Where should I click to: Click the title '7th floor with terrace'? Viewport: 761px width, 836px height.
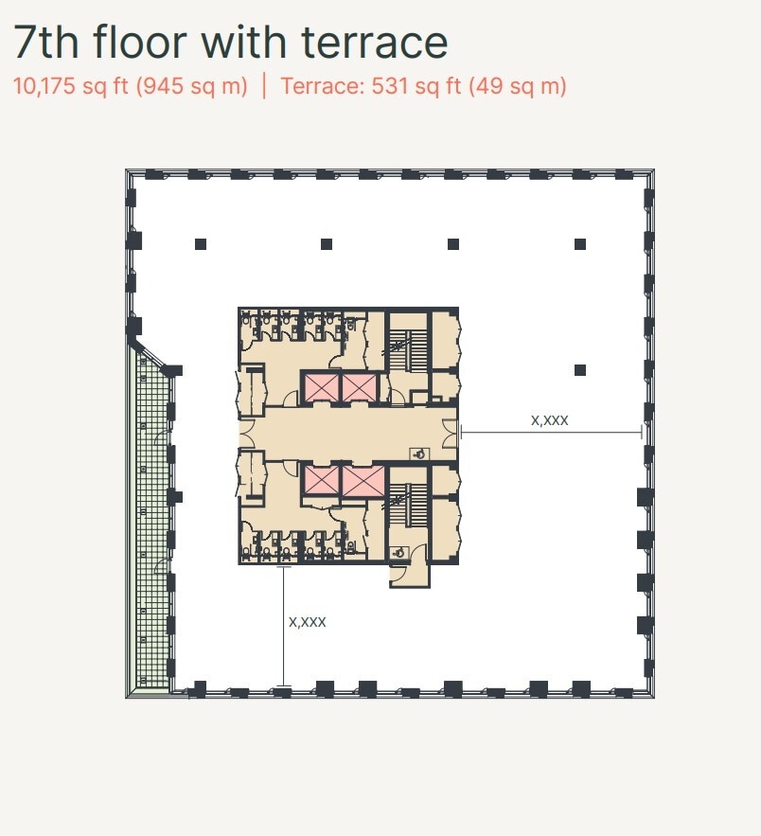coord(230,44)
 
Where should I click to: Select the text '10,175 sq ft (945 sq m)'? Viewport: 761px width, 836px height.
coord(131,86)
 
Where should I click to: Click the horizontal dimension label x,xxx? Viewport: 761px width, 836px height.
coord(550,419)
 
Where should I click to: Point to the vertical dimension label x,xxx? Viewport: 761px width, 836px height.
coord(308,622)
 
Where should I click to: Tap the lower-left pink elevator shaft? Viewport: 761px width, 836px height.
coord(320,481)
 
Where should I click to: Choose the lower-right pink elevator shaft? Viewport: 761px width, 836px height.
coord(363,481)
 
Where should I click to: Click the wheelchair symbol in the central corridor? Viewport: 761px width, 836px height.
coord(419,454)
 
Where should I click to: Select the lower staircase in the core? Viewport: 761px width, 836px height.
coord(413,505)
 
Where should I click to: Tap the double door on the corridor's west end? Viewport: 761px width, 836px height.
coord(248,434)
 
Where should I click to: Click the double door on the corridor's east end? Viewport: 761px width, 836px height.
coord(450,434)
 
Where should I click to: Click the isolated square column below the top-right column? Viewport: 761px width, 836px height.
coord(580,369)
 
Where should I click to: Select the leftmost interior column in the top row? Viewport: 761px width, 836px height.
coord(201,244)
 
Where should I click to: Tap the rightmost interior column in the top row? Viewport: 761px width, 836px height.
coord(580,244)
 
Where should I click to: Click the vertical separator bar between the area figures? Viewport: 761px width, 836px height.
coord(264,86)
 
